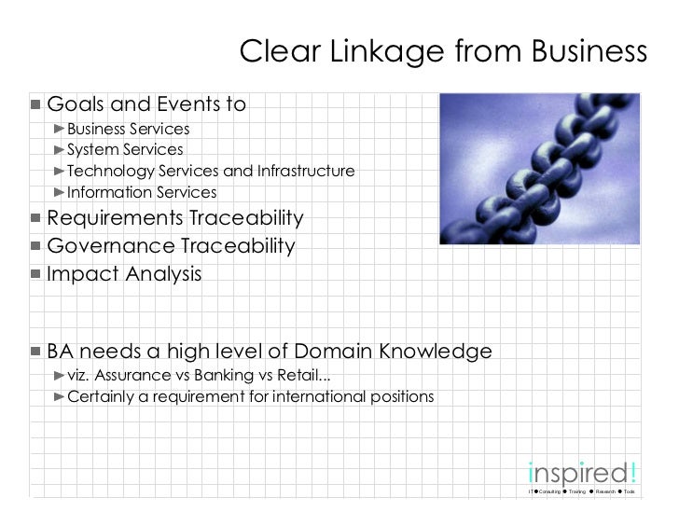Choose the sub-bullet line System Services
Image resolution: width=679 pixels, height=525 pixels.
pyautogui.click(x=124, y=150)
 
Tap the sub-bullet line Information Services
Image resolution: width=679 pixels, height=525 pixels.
pyautogui.click(x=141, y=193)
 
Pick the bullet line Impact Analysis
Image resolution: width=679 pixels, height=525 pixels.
pyautogui.click(x=123, y=275)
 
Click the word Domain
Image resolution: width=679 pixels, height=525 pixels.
pyautogui.click(x=338, y=352)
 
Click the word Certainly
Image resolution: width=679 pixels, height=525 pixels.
pyautogui.click(x=102, y=397)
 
